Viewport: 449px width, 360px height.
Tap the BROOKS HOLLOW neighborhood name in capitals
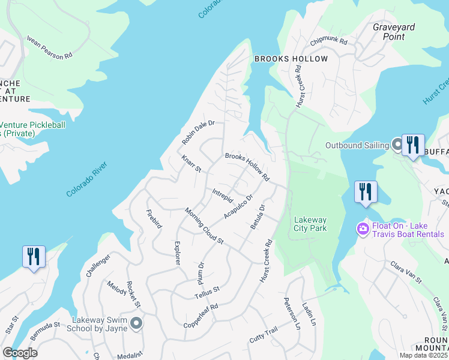[291, 59]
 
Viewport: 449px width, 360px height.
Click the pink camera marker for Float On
[363, 229]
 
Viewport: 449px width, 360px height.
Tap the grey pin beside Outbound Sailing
[397, 144]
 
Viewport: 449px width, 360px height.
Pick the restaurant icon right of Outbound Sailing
[413, 145]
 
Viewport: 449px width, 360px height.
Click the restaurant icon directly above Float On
[366, 192]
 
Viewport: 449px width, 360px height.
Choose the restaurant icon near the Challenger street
[33, 257]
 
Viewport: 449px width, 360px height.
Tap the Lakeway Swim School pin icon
[136, 324]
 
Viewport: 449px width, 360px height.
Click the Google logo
[20, 353]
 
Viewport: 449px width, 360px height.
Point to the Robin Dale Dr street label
[199, 133]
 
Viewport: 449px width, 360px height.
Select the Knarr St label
[191, 164]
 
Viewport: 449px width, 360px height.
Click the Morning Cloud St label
[204, 226]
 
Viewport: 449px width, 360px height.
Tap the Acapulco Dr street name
[238, 206]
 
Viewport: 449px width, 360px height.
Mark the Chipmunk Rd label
[329, 42]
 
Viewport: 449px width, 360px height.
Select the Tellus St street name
[207, 292]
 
